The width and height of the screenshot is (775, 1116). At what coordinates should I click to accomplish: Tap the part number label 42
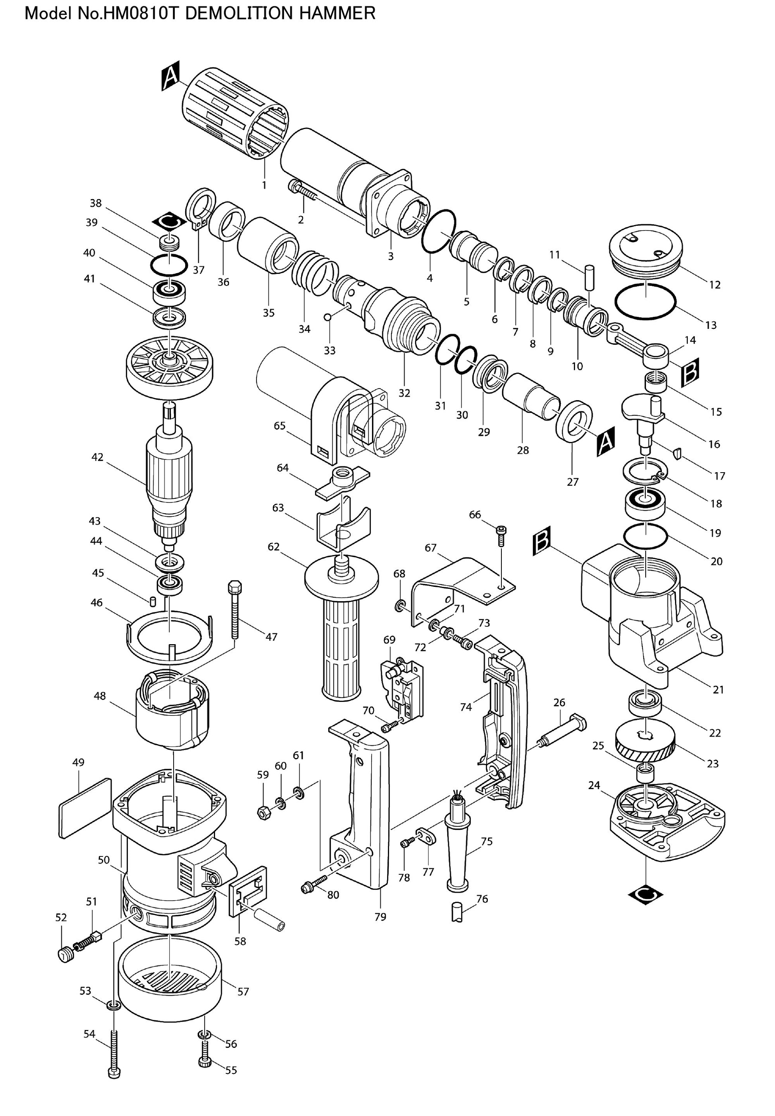pos(98,457)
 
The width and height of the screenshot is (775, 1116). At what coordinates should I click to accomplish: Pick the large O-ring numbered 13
pos(645,302)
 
